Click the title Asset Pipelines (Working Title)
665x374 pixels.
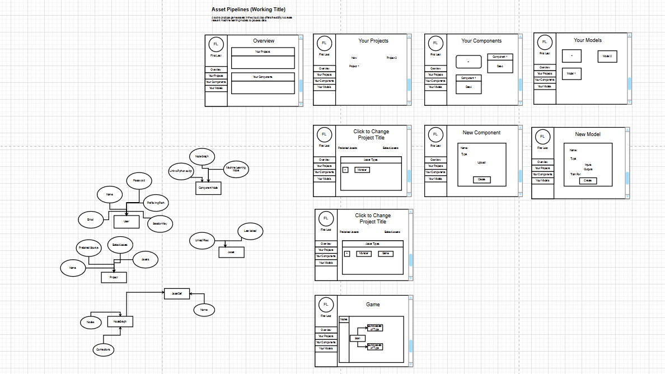[248, 10]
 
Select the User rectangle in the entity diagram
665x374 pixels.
[127, 222]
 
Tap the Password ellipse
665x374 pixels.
[139, 180]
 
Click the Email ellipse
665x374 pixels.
[91, 220]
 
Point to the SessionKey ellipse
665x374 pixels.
[160, 223]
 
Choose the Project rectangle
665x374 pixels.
[114, 277]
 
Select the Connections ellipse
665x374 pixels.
[103, 349]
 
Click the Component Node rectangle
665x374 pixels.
[209, 189]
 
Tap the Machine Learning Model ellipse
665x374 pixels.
[236, 169]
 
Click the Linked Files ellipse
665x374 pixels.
[202, 240]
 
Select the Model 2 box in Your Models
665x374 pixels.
[607, 56]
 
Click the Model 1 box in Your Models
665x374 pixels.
[572, 73]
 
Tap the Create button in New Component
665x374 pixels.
[481, 180]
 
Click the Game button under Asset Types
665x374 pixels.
[385, 254]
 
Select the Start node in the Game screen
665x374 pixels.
[357, 338]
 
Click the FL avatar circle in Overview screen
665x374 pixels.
[216, 44]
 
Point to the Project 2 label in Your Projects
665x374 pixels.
[392, 58]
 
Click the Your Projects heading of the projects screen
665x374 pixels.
[373, 41]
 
